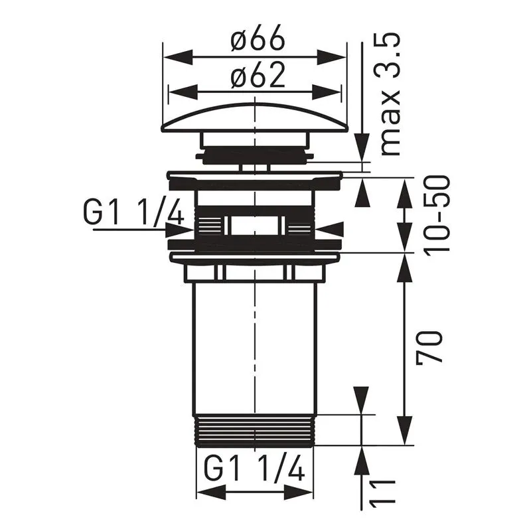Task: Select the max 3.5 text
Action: click(392, 96)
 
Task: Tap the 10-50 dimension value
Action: click(438, 214)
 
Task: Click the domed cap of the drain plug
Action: click(254, 116)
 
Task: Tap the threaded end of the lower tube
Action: click(254, 430)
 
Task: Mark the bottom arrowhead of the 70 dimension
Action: click(406, 431)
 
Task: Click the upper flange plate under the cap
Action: click(254, 180)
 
